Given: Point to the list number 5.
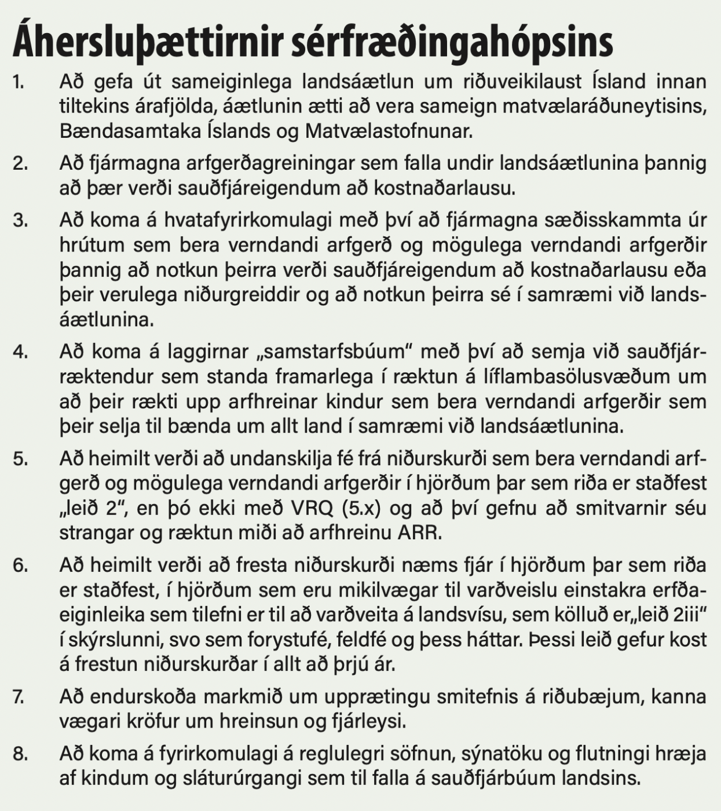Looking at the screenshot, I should [20, 459].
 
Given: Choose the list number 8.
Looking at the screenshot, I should [20, 754].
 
